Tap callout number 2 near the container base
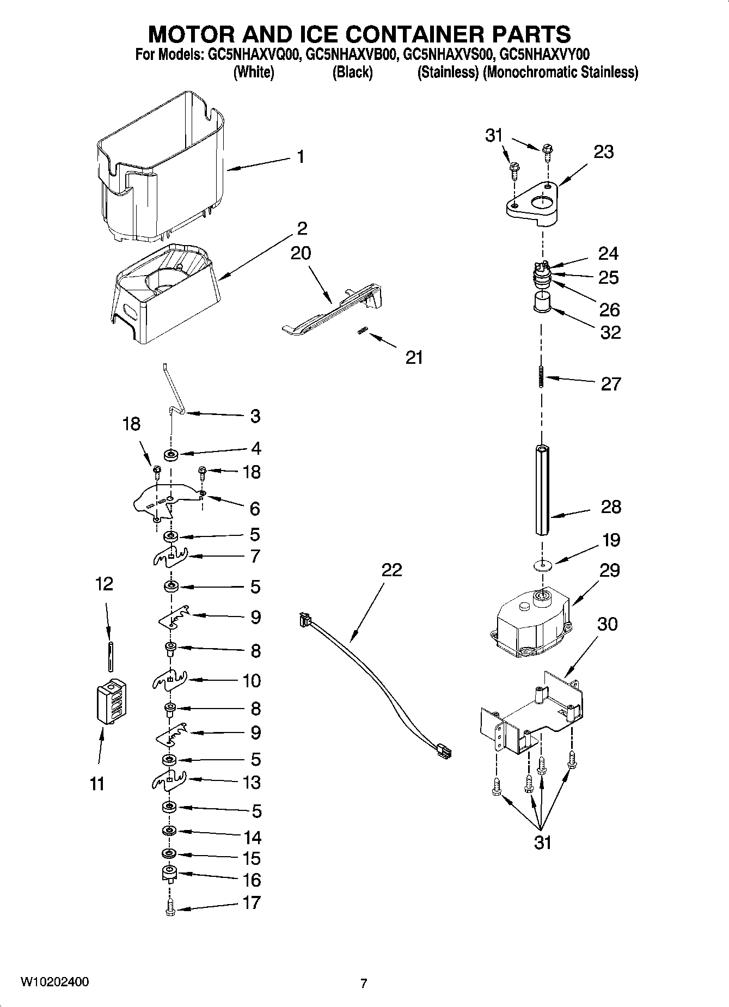(x=302, y=228)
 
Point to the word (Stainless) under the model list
(x=448, y=72)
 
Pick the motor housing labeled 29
(x=531, y=624)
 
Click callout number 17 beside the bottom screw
(x=252, y=902)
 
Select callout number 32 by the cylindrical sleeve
(x=610, y=332)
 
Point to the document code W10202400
(x=54, y=982)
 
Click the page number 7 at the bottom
(x=364, y=983)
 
